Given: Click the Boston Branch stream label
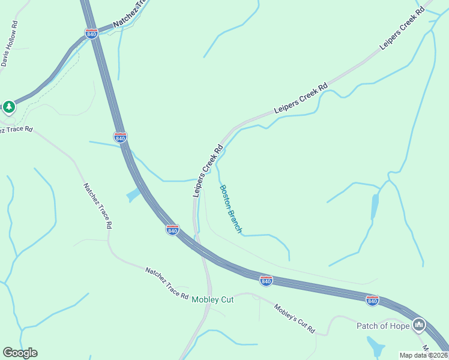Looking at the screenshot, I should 231,208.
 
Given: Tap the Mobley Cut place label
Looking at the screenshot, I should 212,299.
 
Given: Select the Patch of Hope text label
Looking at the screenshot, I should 383,326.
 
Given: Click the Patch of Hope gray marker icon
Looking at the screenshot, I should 419,326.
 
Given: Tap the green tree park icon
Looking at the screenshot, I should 8,107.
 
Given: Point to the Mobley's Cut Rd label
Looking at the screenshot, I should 294,319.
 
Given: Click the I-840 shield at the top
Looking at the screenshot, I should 91,34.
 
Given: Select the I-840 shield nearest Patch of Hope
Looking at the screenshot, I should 372,300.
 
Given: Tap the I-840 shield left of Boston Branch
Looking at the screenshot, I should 172,229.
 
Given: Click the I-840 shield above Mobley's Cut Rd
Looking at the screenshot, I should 266,280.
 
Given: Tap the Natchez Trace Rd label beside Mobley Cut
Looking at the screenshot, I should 166,283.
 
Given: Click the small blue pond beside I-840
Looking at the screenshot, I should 133,196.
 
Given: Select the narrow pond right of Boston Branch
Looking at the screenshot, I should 375,206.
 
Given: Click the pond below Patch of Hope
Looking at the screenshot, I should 375,347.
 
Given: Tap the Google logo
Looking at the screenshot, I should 20,353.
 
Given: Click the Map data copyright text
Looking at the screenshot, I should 423,355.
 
